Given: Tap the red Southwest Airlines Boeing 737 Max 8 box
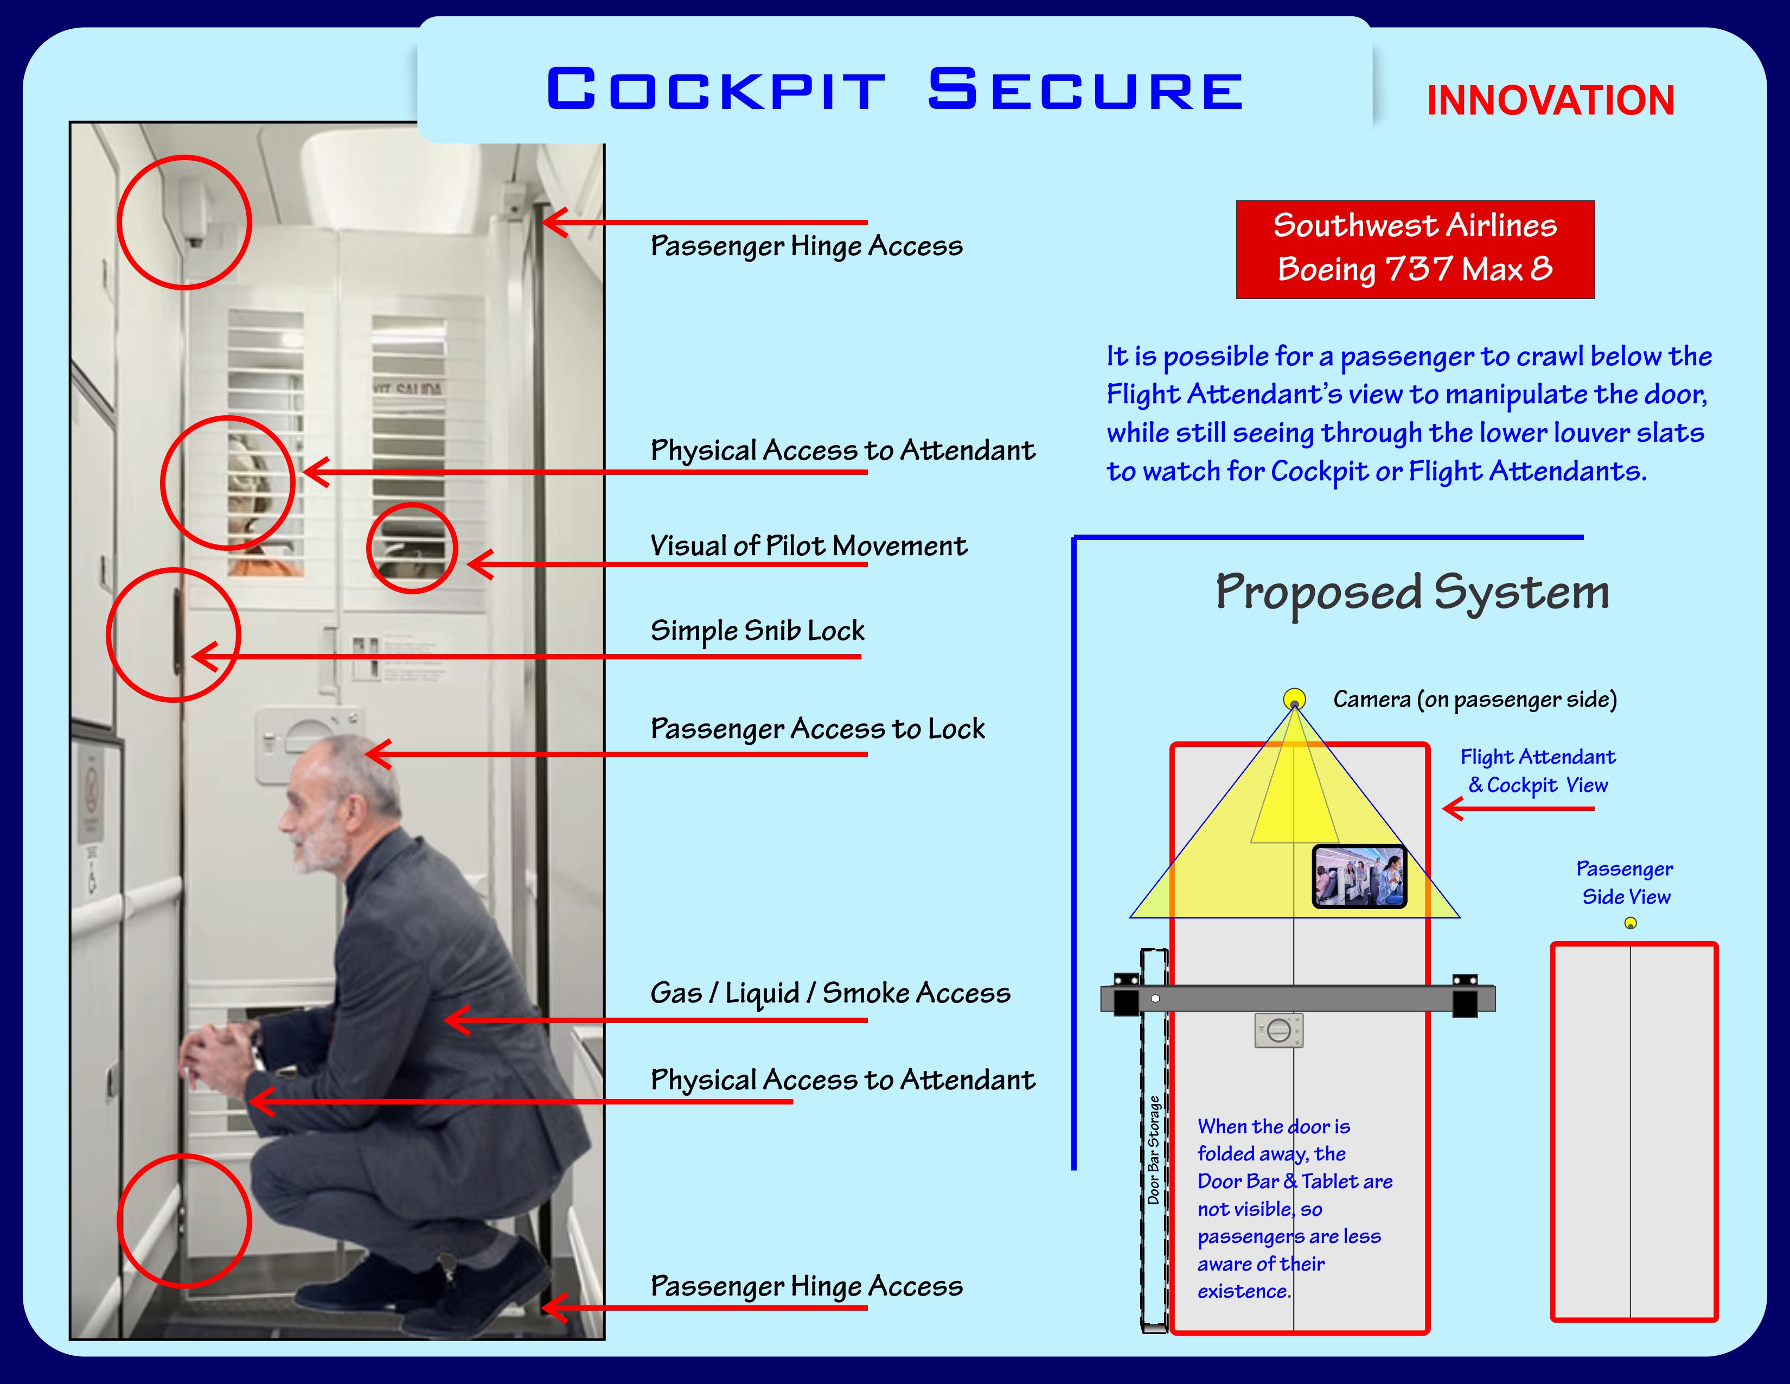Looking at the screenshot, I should click(x=1415, y=249).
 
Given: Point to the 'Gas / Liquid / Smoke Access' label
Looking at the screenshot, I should click(x=829, y=993).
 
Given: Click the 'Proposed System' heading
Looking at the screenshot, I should click(x=1411, y=592).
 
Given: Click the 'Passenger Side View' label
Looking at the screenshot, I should click(x=1625, y=882).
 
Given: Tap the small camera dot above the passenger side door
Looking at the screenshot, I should click(x=1630, y=923).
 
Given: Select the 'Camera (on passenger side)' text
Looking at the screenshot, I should click(x=1474, y=700).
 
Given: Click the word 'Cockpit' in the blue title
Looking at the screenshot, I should click(x=715, y=90).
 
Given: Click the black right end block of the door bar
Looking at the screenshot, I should click(x=1465, y=997).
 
